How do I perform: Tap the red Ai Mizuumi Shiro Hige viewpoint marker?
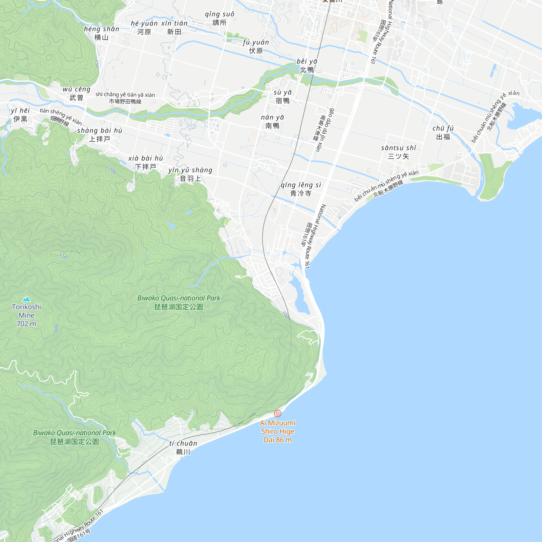[278, 413]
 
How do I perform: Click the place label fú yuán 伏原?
[256, 47]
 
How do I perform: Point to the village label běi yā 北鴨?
[307, 66]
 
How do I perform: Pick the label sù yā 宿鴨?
[282, 96]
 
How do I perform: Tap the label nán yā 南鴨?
[272, 121]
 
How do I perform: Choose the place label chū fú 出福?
[443, 133]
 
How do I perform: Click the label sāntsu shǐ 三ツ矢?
[398, 152]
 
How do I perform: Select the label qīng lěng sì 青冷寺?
[301, 189]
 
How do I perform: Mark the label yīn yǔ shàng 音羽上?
[190, 174]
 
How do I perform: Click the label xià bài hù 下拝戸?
[146, 162]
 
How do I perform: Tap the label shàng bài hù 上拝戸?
[99, 135]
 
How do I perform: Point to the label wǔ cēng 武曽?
[76, 93]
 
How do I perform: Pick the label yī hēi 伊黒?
[20, 115]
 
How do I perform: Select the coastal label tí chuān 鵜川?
[183, 447]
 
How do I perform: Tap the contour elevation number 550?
[63, 256]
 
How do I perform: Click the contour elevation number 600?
[56, 327]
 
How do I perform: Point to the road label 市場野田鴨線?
[125, 101]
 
